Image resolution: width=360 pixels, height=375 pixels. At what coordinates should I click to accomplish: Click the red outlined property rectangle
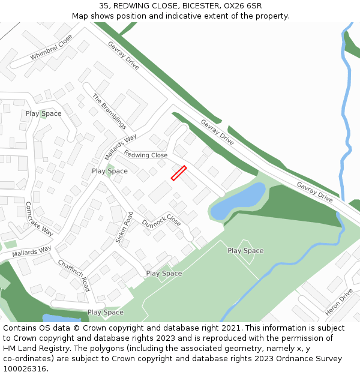click(179, 173)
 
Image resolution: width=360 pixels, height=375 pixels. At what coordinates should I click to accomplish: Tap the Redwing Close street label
click(146, 155)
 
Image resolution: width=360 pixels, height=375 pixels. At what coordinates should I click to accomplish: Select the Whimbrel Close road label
click(52, 47)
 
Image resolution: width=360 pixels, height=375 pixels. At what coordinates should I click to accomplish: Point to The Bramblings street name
click(109, 112)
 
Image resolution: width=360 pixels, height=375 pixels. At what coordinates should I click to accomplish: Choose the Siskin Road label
click(124, 227)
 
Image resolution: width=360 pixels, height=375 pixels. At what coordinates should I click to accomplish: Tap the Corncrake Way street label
click(39, 218)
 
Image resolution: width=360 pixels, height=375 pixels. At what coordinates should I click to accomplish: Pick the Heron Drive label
click(339, 302)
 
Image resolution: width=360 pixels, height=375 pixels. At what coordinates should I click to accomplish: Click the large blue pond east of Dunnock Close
click(239, 202)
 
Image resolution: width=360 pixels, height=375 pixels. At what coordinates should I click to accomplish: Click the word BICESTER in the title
click(199, 6)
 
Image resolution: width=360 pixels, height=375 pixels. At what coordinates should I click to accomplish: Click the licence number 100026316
click(24, 368)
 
